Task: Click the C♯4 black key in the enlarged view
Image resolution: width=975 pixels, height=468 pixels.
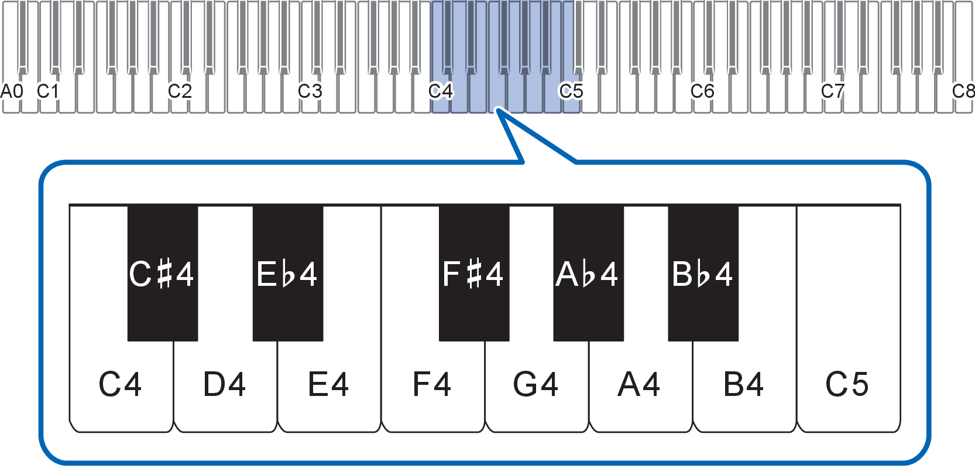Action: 162,274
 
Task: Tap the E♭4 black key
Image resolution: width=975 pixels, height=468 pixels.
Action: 287,274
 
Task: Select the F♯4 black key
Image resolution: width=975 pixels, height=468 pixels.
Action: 473,274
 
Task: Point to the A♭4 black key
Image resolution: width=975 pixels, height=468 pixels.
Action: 588,274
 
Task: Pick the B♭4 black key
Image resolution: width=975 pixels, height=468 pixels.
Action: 703,274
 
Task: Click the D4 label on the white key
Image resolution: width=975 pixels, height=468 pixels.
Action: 224,385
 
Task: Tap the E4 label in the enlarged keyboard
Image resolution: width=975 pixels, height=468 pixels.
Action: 328,385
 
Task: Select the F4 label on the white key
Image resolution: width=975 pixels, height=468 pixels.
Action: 432,385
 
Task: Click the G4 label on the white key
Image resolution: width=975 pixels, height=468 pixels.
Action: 535,385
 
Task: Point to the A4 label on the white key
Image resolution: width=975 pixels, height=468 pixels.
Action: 639,385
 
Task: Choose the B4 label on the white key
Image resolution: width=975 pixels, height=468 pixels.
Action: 743,385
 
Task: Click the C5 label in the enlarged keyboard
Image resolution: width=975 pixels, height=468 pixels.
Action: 847,385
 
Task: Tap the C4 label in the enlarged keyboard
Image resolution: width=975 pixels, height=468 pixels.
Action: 120,385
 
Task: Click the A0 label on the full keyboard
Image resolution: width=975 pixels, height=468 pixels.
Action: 12,91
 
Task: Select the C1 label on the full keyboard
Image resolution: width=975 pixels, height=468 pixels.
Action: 48,91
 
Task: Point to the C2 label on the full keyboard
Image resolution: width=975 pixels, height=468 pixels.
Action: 180,91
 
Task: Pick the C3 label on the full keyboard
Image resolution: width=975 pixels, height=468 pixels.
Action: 310,91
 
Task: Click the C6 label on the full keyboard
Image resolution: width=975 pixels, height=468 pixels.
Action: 702,91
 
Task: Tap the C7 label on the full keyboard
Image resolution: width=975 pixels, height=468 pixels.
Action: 833,91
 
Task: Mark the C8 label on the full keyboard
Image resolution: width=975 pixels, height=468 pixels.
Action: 963,91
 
